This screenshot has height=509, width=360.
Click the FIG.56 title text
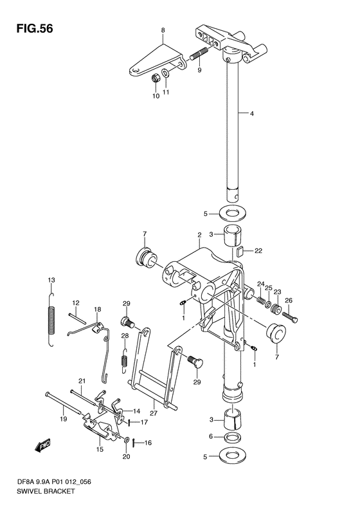pyautogui.click(x=34, y=29)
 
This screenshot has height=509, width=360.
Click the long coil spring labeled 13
pyautogui.click(x=51, y=319)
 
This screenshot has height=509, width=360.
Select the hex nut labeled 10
pyautogui.click(x=156, y=79)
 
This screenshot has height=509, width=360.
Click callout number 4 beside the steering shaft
pyautogui.click(x=251, y=114)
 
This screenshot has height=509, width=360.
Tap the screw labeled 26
pyautogui.click(x=290, y=317)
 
